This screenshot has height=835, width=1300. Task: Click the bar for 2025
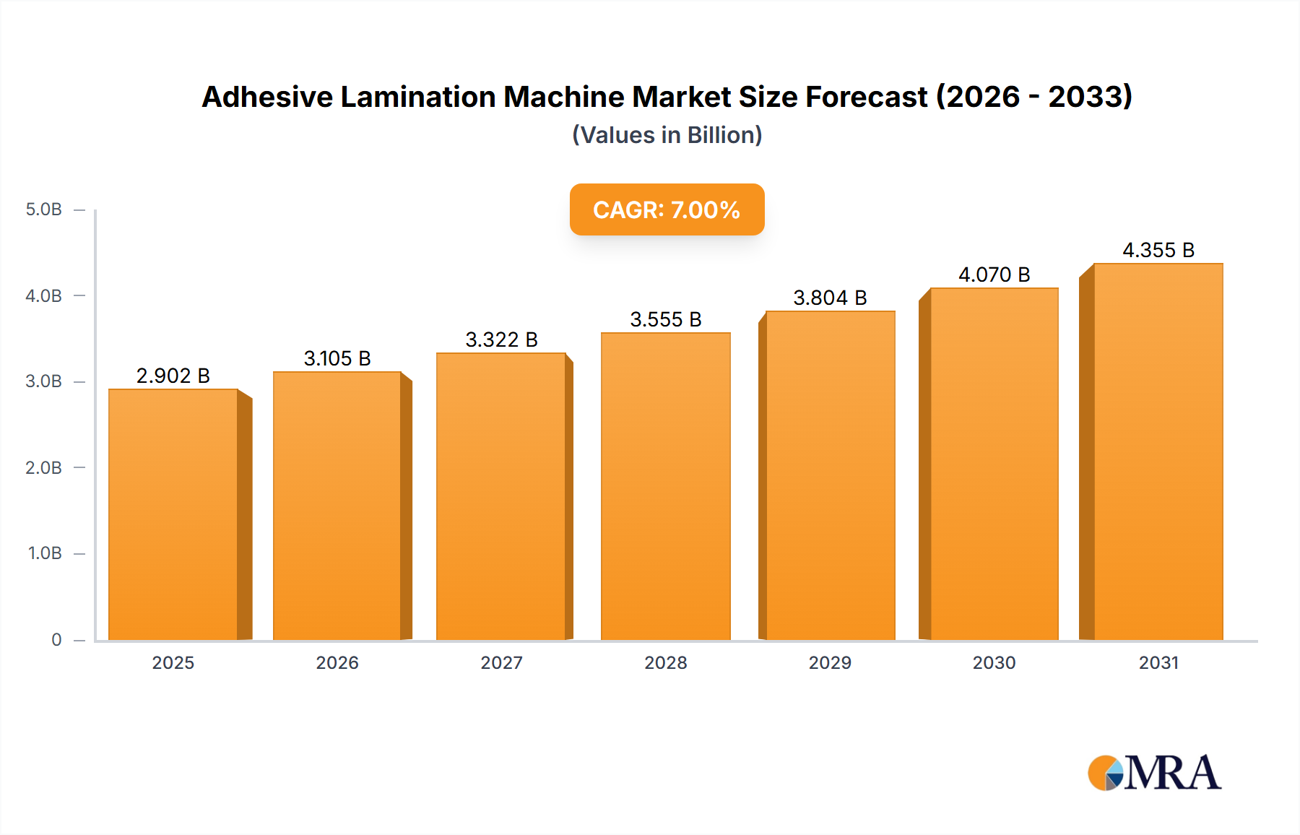173,514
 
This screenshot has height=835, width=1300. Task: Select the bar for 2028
665,486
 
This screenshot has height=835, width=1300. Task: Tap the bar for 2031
1158,451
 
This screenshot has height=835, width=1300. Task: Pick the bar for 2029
830,475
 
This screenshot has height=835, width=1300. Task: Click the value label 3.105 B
337,358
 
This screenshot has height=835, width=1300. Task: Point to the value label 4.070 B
994,274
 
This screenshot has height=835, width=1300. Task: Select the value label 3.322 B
501,339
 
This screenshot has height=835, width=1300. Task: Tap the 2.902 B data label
173,376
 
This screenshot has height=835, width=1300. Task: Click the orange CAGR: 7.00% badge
667,209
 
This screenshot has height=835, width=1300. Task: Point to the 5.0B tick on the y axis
44,209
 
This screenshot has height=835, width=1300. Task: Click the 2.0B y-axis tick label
44,467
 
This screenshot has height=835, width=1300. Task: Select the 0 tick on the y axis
56,639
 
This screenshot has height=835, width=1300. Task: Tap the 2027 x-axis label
501,662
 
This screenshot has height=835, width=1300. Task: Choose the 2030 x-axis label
994,662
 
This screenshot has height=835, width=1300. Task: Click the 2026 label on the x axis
337,662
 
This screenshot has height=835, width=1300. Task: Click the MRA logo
1154,773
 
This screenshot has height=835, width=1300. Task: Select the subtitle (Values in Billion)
667,135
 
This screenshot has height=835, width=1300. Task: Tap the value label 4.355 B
1158,250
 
